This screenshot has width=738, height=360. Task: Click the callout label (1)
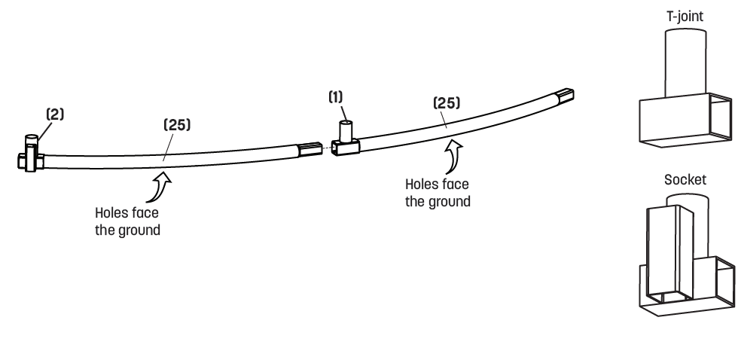click(336, 97)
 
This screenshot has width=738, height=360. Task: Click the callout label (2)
click(54, 114)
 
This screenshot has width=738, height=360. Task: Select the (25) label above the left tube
click(177, 125)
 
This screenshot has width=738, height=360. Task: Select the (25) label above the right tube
click(446, 103)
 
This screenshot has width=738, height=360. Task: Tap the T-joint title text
click(685, 16)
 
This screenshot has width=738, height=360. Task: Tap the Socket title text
click(685, 179)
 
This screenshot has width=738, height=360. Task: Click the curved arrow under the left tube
click(159, 188)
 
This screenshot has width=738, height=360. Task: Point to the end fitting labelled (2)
click(31, 154)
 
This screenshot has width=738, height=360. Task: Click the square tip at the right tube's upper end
click(564, 95)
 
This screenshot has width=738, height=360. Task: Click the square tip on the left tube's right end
click(310, 149)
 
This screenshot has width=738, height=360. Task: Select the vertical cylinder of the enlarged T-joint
click(685, 63)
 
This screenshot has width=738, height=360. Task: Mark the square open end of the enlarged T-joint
click(721, 116)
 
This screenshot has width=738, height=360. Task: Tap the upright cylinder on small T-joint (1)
click(346, 131)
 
